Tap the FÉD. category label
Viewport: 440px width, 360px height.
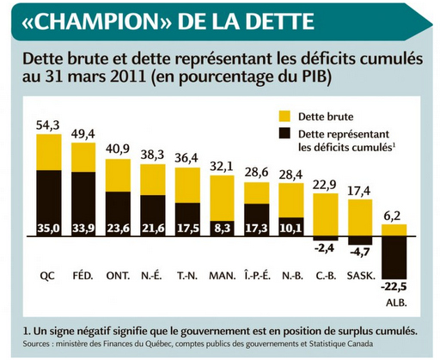coord(83,276)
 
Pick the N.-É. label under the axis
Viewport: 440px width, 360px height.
coord(152,276)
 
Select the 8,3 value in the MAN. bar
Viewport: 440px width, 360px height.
coord(222,229)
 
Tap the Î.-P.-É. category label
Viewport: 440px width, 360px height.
coord(256,276)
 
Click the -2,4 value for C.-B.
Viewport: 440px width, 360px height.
coord(325,249)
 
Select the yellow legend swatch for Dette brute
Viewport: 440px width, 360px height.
coord(285,115)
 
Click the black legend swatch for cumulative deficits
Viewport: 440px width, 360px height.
coord(285,136)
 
